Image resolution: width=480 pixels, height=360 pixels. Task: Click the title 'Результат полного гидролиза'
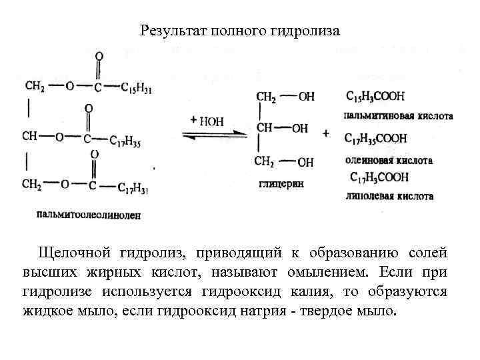240,31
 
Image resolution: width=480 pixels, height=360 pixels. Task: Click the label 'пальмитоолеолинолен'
89,214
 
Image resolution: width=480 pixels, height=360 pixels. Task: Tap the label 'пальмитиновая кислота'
399,115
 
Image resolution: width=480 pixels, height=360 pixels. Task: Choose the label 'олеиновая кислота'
389,160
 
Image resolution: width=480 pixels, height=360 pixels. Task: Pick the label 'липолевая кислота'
389,196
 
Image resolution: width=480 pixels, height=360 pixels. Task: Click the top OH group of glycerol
306,97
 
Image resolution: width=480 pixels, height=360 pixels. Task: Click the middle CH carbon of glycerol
265,127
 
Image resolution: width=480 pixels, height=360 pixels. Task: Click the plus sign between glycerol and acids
326,133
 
